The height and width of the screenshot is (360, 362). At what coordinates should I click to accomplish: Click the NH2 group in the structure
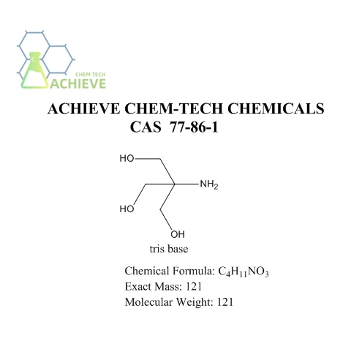pos(209,184)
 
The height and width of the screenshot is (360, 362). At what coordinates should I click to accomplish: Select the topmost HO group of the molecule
pos(127,159)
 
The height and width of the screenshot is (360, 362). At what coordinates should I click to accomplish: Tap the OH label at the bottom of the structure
pos(178,234)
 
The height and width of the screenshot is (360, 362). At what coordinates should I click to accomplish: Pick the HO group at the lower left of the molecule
pos(127,209)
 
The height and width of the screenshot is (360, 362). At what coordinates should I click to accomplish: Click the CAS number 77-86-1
pos(194,127)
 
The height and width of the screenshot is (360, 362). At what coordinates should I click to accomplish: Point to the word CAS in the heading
pos(146,127)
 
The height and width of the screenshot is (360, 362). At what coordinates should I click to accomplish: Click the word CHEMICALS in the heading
pos(276,108)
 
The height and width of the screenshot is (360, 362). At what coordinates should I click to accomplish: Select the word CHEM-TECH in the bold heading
pos(173,108)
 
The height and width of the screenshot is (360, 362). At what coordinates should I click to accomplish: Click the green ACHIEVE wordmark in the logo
pos(78,83)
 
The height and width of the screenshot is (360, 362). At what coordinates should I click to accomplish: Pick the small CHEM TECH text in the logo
pos(91,75)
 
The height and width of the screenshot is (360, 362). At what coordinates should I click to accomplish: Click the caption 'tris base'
pos(169,249)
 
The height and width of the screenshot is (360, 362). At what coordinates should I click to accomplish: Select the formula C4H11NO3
pos(244,271)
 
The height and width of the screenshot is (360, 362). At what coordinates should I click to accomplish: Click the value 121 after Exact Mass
pos(194,286)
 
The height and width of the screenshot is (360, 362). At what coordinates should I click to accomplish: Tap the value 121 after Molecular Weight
pos(225,302)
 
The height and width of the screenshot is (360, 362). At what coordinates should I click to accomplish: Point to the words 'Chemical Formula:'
pos(170,271)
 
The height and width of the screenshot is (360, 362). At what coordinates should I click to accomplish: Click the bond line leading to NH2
pos(186,184)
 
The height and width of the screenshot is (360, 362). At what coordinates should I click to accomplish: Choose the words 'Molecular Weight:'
pos(169,302)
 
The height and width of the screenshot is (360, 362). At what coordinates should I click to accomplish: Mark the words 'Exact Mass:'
pos(154,287)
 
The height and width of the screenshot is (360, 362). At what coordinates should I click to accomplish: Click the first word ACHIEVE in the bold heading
pos(83,108)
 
